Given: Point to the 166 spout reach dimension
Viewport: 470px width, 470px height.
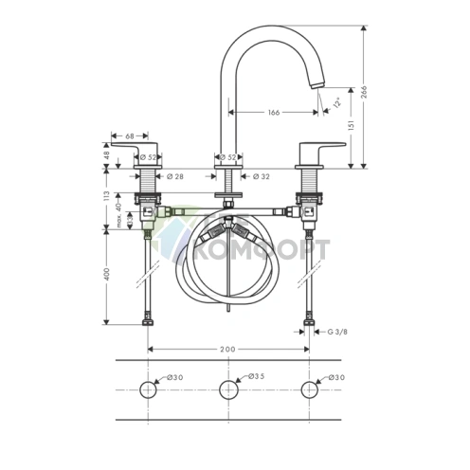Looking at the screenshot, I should [273, 114].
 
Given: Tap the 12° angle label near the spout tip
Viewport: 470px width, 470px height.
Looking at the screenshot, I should [336, 104].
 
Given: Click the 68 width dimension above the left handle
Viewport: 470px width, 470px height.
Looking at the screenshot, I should [129, 136].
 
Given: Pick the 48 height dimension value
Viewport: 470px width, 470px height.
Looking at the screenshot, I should [108, 155].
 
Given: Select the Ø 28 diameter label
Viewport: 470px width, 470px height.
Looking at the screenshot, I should [174, 176].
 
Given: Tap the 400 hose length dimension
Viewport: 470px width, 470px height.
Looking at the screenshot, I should [108, 275].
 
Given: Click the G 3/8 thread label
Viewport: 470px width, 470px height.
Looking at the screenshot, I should [337, 332].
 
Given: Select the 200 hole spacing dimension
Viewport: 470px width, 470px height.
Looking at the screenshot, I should [227, 350].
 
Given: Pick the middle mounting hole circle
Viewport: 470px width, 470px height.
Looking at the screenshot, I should [227, 389].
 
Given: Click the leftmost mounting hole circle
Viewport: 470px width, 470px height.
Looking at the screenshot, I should [149, 389].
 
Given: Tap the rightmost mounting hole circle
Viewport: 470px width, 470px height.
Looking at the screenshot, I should [309, 389].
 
